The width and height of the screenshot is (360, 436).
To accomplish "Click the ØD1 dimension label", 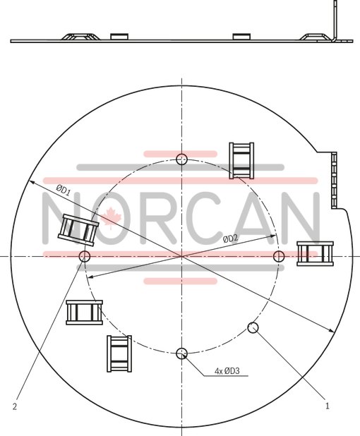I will [64, 189].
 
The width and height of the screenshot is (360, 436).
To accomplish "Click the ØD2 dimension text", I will [230, 239].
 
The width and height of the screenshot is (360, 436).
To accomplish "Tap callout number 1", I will [328, 406].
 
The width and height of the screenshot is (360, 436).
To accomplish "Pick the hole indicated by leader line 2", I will [85, 255].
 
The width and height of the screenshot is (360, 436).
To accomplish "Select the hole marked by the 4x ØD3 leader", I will [182, 353].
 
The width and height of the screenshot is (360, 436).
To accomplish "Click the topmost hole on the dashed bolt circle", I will [182, 158].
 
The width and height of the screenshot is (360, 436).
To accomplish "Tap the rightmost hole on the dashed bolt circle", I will [279, 255].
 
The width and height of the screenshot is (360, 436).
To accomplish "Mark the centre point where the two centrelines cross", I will [182, 255].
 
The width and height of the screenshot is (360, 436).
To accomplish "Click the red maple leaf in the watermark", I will [110, 217].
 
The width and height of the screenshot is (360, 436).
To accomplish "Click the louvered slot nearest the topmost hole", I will [241, 160].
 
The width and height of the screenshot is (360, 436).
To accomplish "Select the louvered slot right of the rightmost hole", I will [315, 253].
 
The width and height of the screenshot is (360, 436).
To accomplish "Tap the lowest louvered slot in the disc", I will [119, 354].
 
